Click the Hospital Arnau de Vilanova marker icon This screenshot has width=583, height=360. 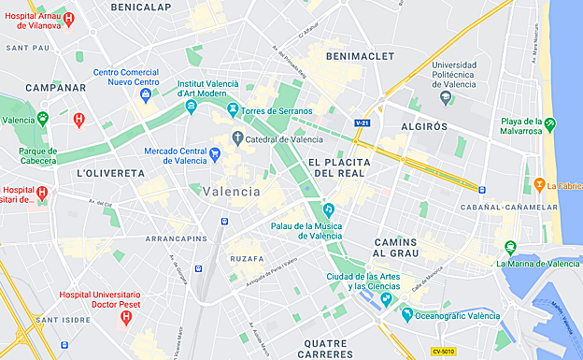tap(68, 18)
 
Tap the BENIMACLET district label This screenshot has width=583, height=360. tap(356, 56)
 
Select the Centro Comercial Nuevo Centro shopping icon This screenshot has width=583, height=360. tap(146, 94)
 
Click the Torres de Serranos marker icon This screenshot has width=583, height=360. tap(233, 111)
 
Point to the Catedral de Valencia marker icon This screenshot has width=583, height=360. tap(237, 140)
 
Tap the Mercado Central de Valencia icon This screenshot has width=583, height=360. tap(215, 155)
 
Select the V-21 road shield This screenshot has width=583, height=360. tap(363, 122)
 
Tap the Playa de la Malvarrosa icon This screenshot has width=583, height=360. tap(550, 122)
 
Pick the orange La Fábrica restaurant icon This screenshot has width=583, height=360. tap(540, 184)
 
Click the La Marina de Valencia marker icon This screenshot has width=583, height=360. tap(509, 248)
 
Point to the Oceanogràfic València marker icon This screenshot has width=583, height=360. tap(406, 315)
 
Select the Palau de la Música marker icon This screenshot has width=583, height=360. tap(328, 209)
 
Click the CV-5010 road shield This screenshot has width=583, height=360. tap(444, 352)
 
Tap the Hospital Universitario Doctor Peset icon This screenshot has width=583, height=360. tap(126, 318)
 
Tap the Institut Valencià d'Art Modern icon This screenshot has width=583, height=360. tap(191, 107)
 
